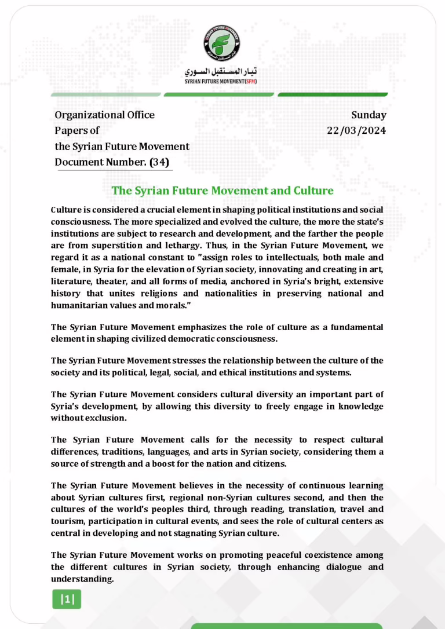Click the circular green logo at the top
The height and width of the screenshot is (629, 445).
click(x=222, y=44)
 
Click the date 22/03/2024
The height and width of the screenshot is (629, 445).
click(x=356, y=131)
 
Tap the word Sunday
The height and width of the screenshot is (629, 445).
click(x=369, y=115)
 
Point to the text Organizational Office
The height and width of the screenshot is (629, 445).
click(x=104, y=115)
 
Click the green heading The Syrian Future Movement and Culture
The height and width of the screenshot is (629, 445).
click(x=222, y=191)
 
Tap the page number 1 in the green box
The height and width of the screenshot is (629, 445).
click(x=67, y=599)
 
